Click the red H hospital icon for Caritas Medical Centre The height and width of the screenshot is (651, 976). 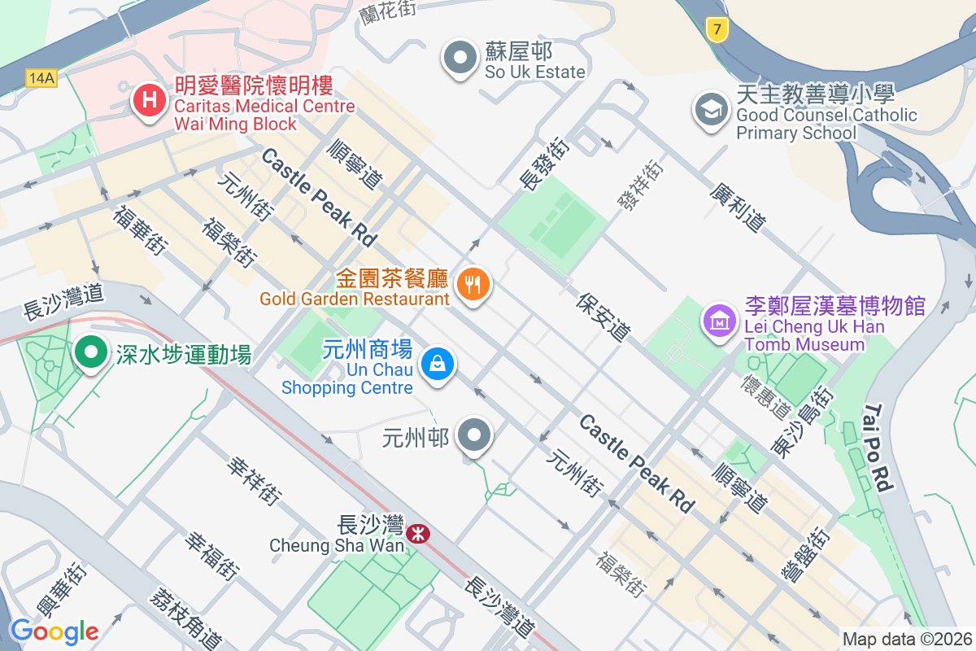pyautogui.click(x=150, y=102)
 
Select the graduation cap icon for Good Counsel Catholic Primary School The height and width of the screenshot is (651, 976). pyautogui.click(x=711, y=110)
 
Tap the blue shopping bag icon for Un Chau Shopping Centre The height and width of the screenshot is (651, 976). pyautogui.click(x=438, y=363)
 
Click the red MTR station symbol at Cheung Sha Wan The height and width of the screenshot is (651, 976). pyautogui.click(x=419, y=534)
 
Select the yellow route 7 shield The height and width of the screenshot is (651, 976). pyautogui.click(x=716, y=30)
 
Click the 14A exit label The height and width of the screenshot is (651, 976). pyautogui.click(x=41, y=78)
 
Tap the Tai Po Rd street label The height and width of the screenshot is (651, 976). pyautogui.click(x=879, y=448)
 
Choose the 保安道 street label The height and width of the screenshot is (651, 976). pyautogui.click(x=603, y=317)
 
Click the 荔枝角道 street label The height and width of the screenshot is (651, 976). pyautogui.click(x=185, y=618)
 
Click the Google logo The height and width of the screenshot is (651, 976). pyautogui.click(x=54, y=631)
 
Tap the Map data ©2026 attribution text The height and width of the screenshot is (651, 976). pyautogui.click(x=906, y=640)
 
